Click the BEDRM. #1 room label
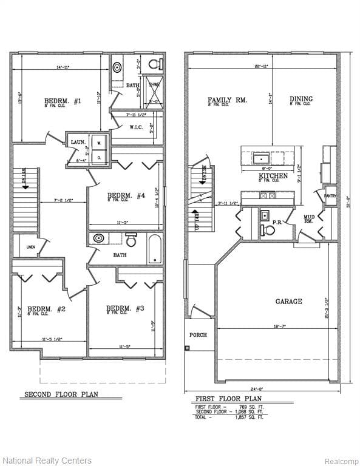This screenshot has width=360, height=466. pyautogui.click(x=63, y=101)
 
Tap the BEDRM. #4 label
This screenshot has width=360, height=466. pyautogui.click(x=126, y=195)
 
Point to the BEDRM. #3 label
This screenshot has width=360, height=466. pyautogui.click(x=125, y=308)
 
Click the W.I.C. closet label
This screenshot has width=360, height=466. pyautogui.click(x=136, y=127)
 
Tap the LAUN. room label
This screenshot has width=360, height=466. pyautogui.click(x=78, y=142)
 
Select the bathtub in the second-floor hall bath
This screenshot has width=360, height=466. pyautogui.click(x=155, y=249)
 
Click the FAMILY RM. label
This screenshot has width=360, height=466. pyautogui.click(x=227, y=100)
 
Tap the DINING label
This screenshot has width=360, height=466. pyautogui.click(x=301, y=99)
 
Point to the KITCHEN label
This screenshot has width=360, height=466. pyautogui.click(x=273, y=175)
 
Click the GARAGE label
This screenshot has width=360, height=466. pyautogui.click(x=288, y=301)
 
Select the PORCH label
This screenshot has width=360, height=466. pyautogui.click(x=198, y=334)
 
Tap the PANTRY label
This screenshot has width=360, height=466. pyautogui.click(x=330, y=196)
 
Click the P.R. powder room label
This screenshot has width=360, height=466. pyautogui.click(x=277, y=223)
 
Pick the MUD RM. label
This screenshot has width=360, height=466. pyautogui.click(x=309, y=219)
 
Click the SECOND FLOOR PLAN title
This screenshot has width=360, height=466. pyautogui.click(x=61, y=394)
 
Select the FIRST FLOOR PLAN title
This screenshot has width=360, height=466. pyautogui.click(x=223, y=399)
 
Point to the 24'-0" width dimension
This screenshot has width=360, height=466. pyautogui.click(x=262, y=389)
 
